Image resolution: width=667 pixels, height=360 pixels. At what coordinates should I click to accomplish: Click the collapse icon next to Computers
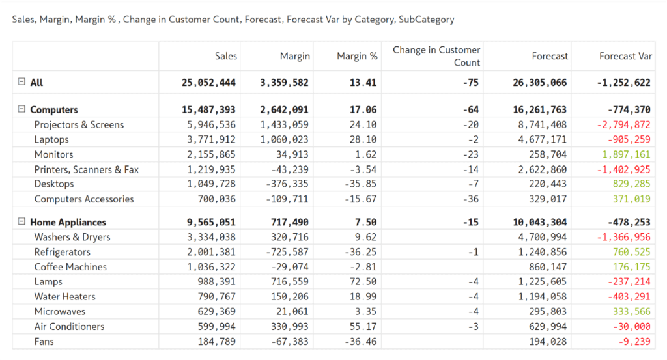click(21, 110)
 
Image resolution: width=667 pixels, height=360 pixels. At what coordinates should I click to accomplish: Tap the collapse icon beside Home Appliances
click(21, 222)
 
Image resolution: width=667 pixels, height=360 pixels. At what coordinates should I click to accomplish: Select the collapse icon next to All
click(21, 82)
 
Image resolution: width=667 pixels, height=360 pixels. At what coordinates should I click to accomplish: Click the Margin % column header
click(357, 56)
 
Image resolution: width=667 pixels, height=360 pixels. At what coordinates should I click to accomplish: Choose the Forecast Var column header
click(625, 56)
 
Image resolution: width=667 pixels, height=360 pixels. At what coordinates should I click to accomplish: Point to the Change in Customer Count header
click(436, 56)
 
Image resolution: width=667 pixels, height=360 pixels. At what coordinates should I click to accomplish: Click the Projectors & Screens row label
click(79, 125)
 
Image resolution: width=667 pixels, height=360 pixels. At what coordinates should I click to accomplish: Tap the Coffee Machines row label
click(70, 267)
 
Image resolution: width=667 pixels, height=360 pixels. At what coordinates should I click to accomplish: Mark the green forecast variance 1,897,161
click(625, 154)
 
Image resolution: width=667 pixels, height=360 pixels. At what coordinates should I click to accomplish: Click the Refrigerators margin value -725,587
click(285, 252)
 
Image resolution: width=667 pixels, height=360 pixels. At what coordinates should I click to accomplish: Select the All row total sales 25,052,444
click(208, 83)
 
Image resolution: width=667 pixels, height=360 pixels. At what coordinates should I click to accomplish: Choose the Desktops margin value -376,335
click(285, 184)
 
